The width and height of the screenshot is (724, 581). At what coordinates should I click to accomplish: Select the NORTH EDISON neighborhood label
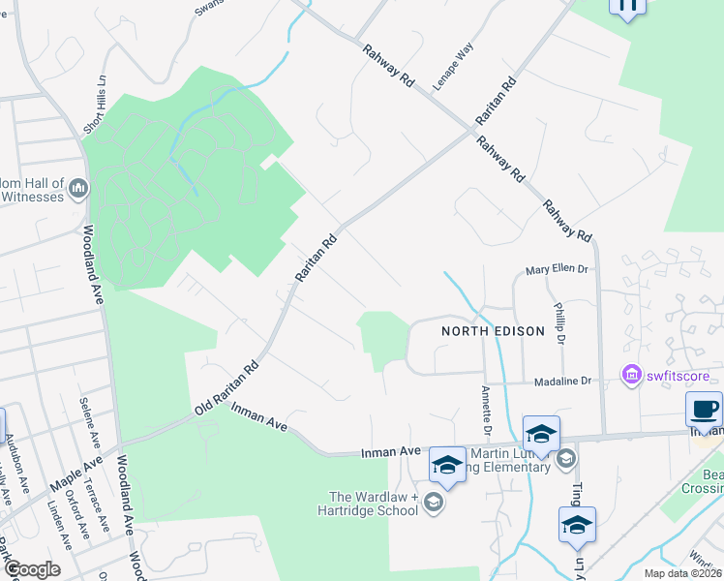click(493, 330)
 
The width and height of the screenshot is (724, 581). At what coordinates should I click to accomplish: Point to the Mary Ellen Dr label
click(558, 270)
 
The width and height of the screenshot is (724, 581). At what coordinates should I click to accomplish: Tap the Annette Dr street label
click(485, 411)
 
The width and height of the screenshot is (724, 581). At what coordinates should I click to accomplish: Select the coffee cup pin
click(703, 408)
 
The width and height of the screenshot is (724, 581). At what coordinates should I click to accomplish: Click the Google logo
click(32, 569)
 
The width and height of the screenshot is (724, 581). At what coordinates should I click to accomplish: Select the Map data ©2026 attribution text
click(680, 573)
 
